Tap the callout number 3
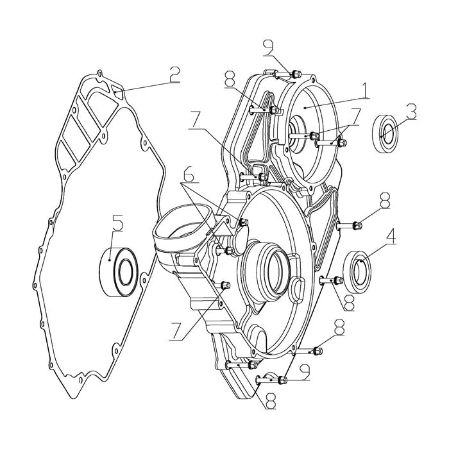pos(411,113)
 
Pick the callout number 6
pos(186,175)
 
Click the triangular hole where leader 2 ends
pos(115,92)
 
